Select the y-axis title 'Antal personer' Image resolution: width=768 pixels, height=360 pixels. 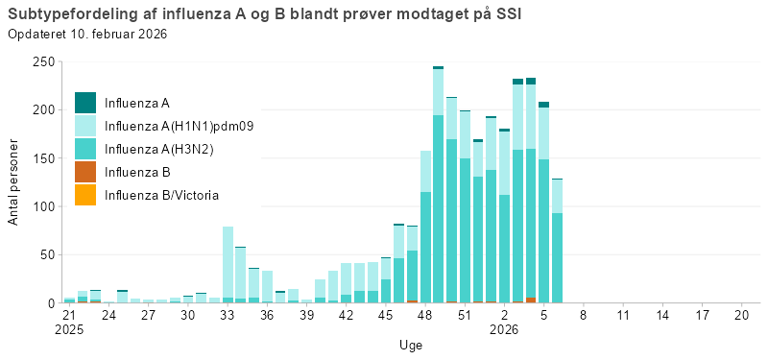[13, 182]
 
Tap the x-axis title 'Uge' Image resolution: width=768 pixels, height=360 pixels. [410, 345]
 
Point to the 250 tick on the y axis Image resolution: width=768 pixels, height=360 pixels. [42, 61]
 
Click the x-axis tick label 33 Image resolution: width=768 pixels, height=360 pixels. [228, 315]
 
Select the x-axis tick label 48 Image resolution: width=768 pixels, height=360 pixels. [424, 315]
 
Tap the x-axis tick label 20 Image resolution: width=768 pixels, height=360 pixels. [740, 315]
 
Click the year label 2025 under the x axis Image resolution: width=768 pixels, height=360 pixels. [69, 329]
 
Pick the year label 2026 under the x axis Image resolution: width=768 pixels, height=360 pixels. [504, 329]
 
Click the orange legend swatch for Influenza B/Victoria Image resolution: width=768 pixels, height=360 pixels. [85, 195]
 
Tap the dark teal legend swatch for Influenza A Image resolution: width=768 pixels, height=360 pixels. [85, 103]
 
